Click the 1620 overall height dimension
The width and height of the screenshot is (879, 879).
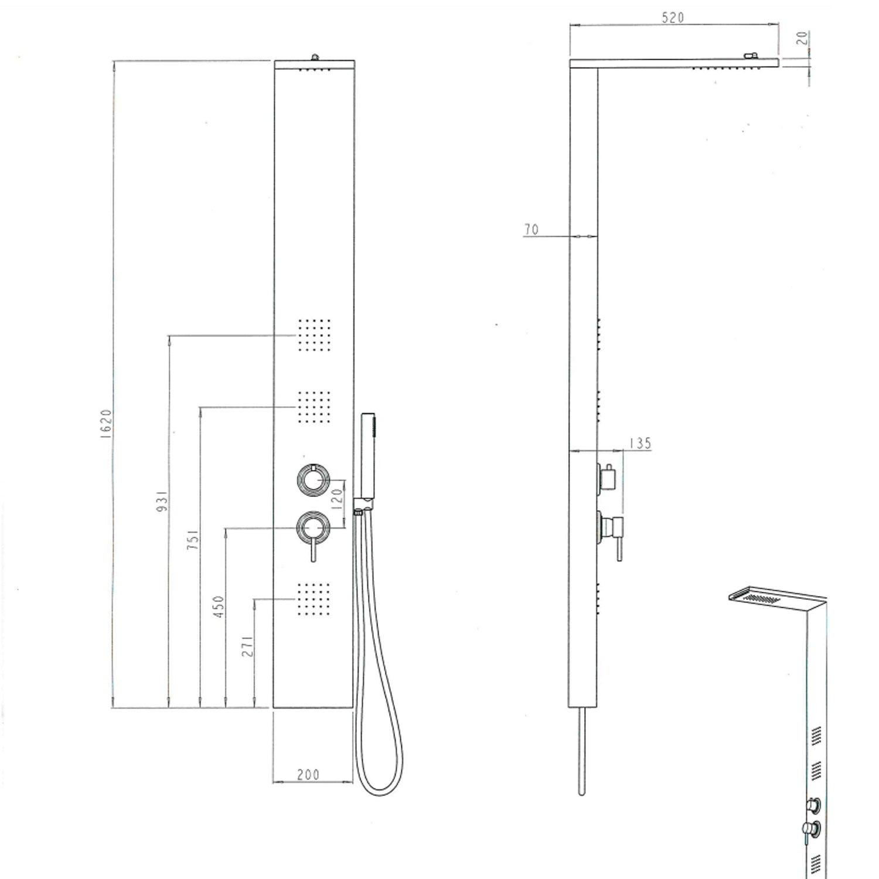106,424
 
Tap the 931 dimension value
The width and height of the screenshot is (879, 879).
163,500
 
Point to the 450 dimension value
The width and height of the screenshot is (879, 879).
219,608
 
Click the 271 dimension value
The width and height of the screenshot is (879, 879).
248,645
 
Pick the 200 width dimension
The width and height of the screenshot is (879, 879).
308,775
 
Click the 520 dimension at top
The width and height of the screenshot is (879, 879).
672,18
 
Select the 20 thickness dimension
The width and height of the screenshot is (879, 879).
802,38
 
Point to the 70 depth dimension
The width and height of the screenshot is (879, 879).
531,229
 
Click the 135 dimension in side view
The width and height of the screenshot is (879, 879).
640,443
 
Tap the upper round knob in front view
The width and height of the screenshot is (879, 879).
314,479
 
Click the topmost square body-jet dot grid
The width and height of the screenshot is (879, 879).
314,335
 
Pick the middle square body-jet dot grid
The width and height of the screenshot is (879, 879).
314,406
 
